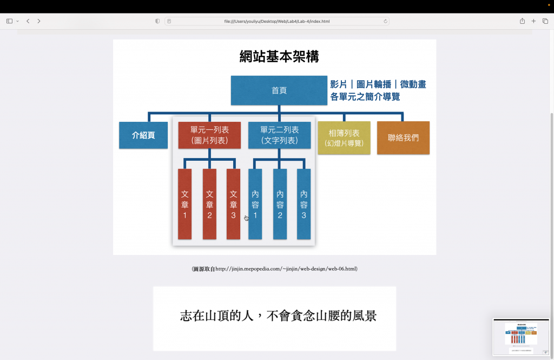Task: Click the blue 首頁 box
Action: (x=279, y=90)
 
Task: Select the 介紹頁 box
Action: (x=143, y=135)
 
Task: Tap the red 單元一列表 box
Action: (x=209, y=135)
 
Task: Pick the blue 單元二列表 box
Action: (x=279, y=135)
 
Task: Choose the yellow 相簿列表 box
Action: (x=344, y=138)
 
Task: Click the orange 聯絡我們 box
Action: (x=403, y=138)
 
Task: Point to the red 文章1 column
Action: (x=184, y=204)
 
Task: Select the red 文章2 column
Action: (x=209, y=204)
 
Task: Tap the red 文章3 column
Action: (x=233, y=204)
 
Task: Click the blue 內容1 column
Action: (x=255, y=204)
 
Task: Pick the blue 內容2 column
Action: (x=280, y=204)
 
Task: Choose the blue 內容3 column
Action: (x=304, y=204)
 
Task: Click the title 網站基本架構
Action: (x=279, y=56)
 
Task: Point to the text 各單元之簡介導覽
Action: (x=365, y=97)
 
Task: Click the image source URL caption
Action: (x=274, y=269)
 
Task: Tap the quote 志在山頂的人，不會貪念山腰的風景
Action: (x=278, y=316)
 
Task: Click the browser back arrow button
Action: (x=28, y=21)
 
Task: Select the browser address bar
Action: (x=276, y=21)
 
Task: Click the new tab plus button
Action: (x=533, y=21)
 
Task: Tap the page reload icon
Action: (x=385, y=21)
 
